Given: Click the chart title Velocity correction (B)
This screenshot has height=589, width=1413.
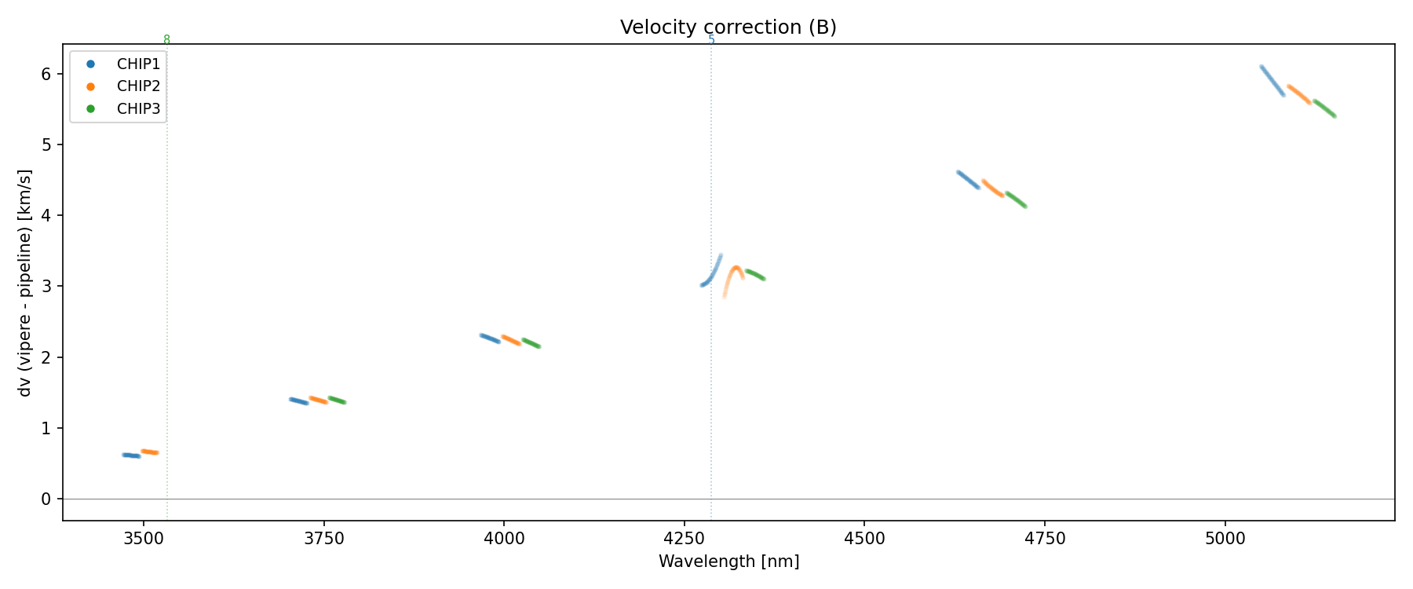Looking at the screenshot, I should point(728,27).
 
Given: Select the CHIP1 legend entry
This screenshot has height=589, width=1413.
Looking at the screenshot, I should point(138,64).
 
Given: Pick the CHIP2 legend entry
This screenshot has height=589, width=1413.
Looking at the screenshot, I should point(138,86).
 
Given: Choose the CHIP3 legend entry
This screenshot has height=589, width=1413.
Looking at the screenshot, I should point(138,109).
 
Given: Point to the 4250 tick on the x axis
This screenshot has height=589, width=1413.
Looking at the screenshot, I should point(684,539).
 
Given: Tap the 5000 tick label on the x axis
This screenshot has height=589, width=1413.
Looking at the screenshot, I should point(1225,539).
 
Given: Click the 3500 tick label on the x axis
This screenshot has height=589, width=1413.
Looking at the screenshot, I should point(143,539).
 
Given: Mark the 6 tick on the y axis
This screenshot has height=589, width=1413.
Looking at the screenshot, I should point(46,74).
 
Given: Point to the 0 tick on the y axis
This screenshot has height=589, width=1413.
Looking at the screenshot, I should point(46,499).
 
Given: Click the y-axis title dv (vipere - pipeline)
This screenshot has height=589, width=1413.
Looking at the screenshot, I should point(25,283).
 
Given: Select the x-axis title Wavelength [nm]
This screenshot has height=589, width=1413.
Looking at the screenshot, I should point(728,562).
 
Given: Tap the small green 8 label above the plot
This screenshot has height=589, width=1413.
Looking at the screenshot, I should point(166,39).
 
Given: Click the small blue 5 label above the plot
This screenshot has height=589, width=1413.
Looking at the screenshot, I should point(711,39).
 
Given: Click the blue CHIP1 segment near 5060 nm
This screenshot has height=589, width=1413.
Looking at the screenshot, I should point(1272,80).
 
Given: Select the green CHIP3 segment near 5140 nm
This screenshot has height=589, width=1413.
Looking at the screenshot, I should point(1324,108).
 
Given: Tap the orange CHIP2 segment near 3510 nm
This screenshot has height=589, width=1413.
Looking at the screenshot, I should point(150,452).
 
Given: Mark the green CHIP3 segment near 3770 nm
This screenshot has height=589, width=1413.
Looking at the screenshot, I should point(337,401).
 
